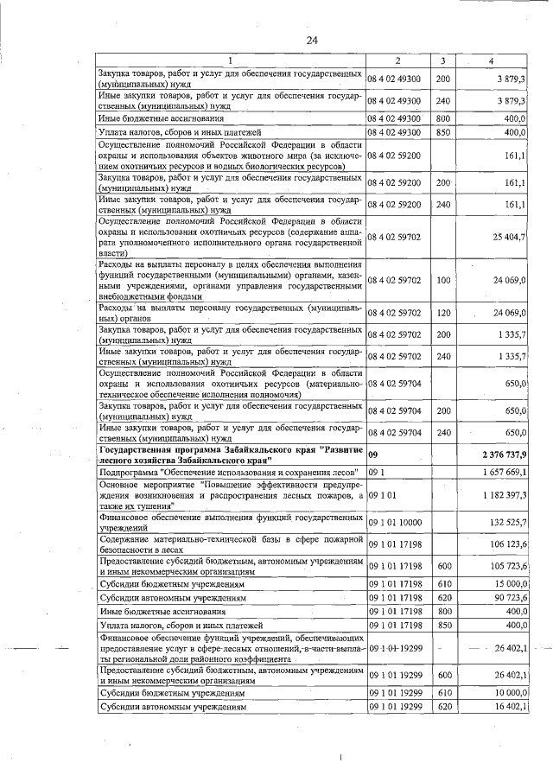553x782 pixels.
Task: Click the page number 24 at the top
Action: (312, 41)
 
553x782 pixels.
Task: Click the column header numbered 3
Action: (442, 61)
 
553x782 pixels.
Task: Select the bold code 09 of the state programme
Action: (373, 454)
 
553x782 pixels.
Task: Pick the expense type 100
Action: (443, 280)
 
